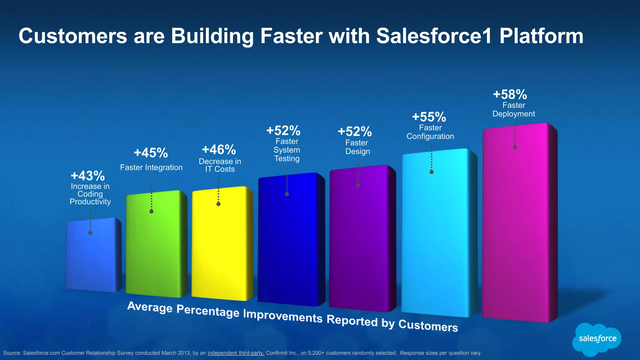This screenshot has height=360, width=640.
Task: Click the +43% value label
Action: click(88, 176)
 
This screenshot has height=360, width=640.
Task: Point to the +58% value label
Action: click(510, 94)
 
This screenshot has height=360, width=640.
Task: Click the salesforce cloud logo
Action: click(597, 339)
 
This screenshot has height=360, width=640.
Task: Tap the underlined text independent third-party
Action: click(236, 353)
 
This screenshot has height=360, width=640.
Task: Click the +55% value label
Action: click(429, 117)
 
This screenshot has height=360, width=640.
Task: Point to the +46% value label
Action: click(219, 150)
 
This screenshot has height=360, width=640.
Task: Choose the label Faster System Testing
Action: click(287, 150)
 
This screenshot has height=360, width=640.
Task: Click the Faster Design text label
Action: click(357, 147)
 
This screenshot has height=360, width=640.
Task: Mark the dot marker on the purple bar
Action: click(358, 185)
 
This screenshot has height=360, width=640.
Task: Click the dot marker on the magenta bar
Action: click(515, 147)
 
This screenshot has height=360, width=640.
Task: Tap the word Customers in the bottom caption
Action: click(428, 326)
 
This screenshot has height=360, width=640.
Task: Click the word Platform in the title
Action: click(541, 36)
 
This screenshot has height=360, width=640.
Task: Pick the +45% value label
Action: click(151, 153)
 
